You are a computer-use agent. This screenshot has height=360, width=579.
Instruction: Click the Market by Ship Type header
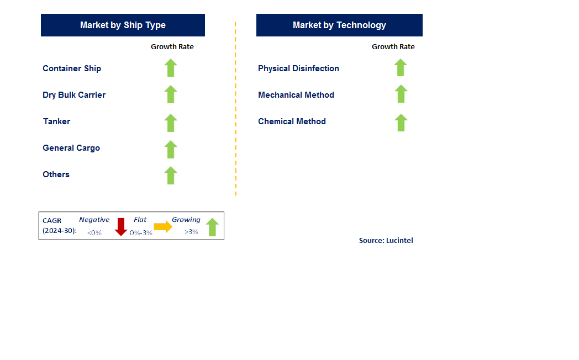click(123, 25)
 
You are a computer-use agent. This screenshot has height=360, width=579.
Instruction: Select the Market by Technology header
click(339, 25)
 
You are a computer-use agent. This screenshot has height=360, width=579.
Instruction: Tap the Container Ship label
click(72, 68)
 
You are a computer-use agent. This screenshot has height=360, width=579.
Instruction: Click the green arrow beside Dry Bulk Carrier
click(171, 94)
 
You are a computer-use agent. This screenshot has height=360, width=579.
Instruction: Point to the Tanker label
click(56, 121)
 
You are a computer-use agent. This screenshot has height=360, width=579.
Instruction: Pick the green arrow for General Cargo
click(171, 150)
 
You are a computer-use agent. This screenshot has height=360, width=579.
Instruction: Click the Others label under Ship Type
click(56, 174)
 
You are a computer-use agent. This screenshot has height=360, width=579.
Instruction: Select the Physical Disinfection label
click(298, 68)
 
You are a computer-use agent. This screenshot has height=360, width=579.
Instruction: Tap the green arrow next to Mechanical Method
click(401, 94)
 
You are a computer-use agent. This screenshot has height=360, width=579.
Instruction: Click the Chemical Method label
click(292, 121)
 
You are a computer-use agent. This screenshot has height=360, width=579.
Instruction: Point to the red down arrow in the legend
click(121, 227)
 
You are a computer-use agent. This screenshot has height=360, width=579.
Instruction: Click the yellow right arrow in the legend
click(163, 226)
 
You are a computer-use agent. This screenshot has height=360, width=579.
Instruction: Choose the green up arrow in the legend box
click(212, 227)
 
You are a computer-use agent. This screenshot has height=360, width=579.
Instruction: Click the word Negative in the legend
click(94, 220)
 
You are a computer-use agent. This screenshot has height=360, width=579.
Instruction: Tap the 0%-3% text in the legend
click(141, 233)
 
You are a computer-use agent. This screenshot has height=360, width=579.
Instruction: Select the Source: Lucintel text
click(386, 241)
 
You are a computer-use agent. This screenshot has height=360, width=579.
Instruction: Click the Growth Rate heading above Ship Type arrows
click(172, 47)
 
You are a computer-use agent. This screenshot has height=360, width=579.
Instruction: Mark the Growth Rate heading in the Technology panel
click(393, 47)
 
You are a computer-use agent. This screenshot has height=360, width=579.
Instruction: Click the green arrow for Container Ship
click(171, 68)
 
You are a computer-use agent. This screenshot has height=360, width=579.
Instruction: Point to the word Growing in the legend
click(186, 220)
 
